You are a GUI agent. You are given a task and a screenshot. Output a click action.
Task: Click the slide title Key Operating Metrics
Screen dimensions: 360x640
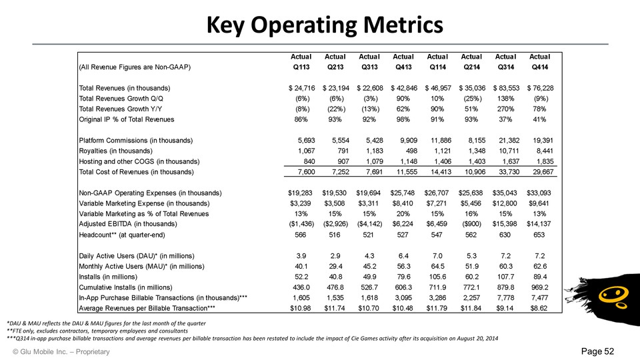click(320, 25)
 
